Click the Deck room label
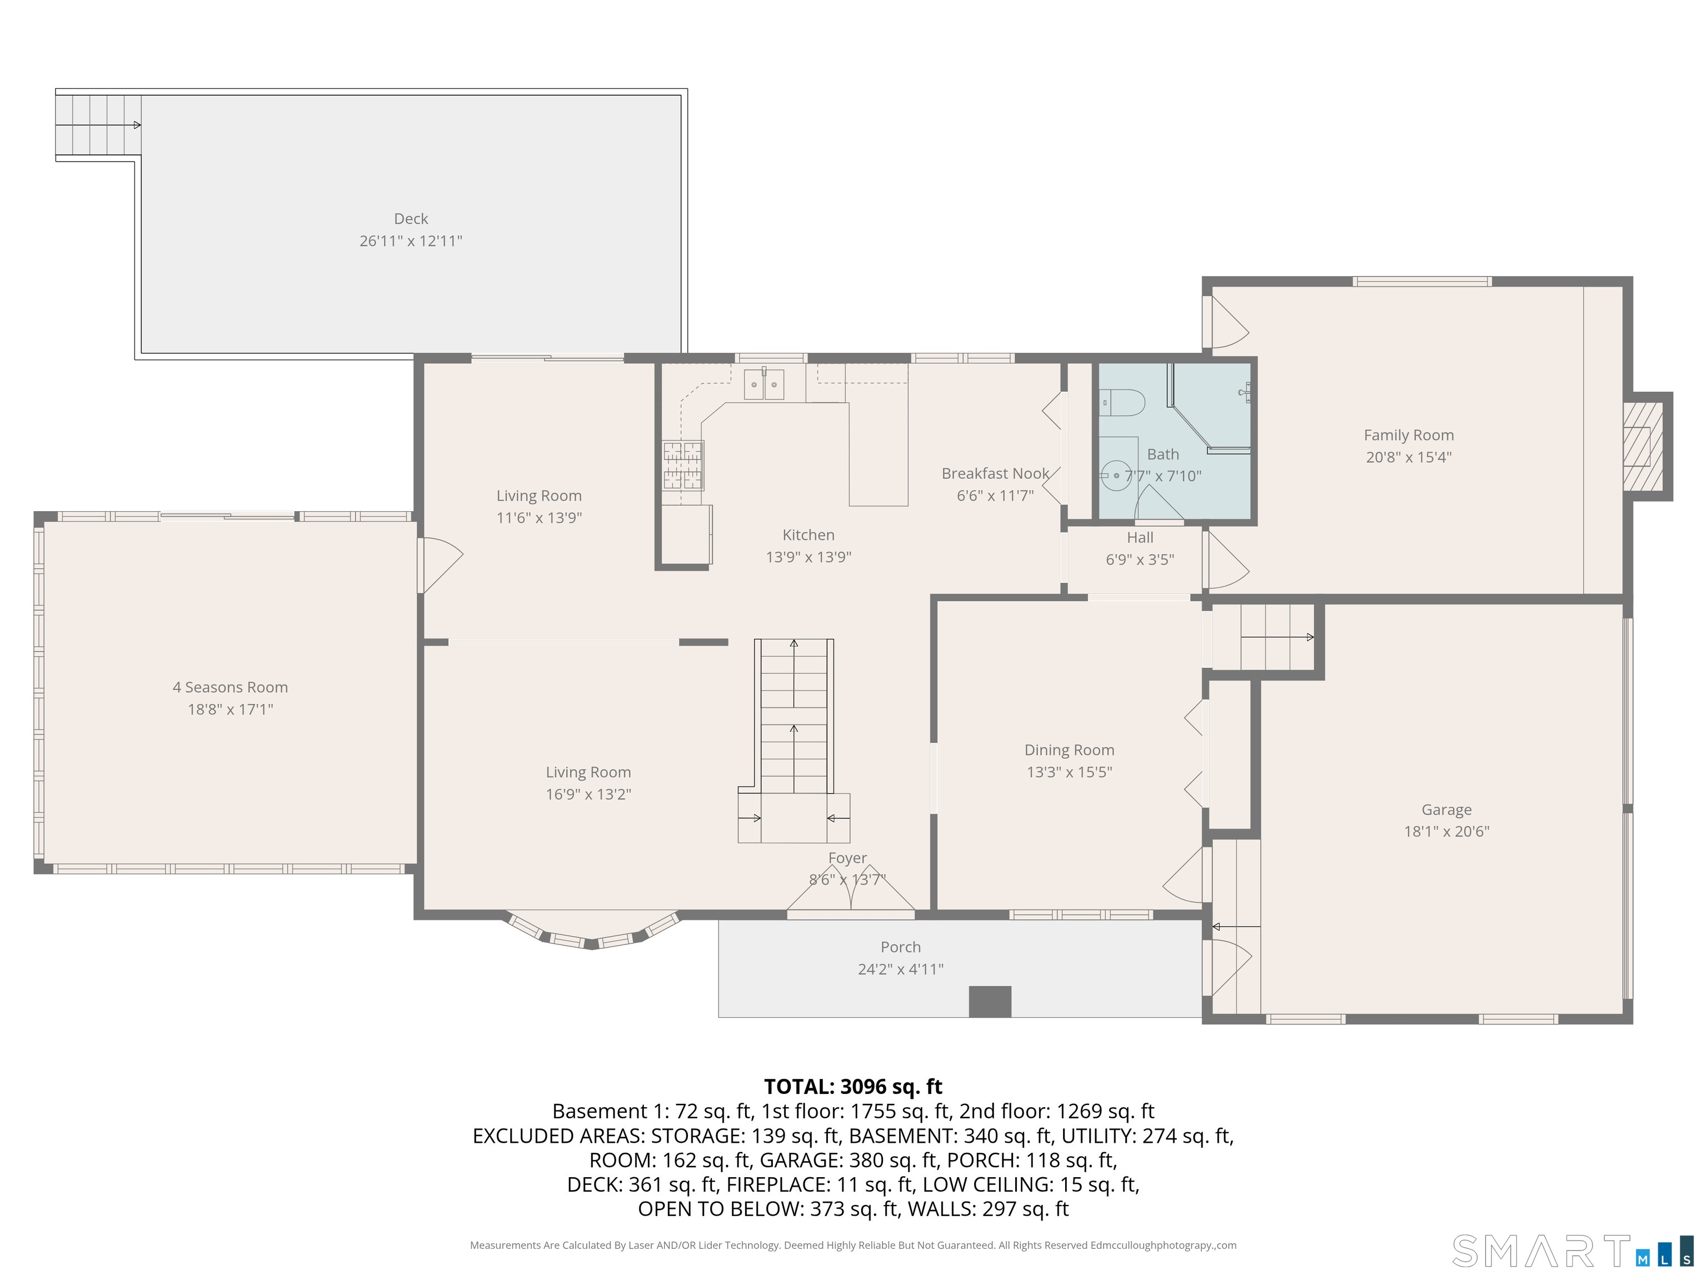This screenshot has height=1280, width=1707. tap(411, 219)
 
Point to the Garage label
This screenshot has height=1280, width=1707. tap(1446, 810)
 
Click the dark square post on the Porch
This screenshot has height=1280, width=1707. tap(990, 1002)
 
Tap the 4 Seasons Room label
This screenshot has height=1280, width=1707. tap(230, 687)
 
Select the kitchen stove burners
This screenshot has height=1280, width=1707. tap(683, 465)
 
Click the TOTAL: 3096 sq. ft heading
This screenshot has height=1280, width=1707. tap(853, 1086)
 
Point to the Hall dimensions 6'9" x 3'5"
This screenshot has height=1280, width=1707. tap(1140, 560)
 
